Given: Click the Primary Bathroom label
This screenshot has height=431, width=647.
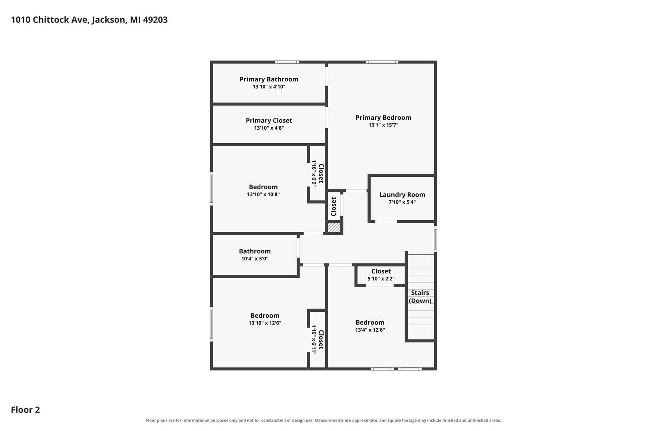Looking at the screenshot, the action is [x=269, y=79].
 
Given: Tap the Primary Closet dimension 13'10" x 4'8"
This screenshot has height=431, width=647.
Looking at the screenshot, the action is [x=269, y=128].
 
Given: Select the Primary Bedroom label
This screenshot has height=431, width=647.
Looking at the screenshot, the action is [x=383, y=117].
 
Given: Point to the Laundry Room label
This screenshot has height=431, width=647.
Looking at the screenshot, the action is [x=402, y=195].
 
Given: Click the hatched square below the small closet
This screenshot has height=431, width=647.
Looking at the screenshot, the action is [x=334, y=227].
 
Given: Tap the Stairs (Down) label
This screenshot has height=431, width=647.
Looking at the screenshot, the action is [x=420, y=297].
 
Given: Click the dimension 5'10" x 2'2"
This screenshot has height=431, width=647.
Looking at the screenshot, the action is [x=381, y=279].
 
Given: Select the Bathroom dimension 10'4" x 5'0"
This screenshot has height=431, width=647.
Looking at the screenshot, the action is [x=255, y=259].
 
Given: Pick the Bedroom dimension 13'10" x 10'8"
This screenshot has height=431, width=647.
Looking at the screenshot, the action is [x=263, y=194].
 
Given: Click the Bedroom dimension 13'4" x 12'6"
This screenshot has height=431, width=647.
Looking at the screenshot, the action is [x=370, y=330].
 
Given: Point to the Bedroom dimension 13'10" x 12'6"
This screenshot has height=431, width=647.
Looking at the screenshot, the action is [x=265, y=323].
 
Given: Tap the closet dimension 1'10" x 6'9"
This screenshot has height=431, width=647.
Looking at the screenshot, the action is [x=314, y=173].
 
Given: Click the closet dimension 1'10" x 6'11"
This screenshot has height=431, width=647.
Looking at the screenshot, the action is [x=314, y=340].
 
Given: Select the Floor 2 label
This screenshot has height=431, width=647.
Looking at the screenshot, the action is [x=26, y=409].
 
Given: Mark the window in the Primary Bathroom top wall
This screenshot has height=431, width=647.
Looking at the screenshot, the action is [x=287, y=62].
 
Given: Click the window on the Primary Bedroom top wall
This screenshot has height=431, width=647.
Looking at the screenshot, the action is [x=382, y=62].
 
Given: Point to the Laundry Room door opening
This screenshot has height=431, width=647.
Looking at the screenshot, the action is [x=386, y=221].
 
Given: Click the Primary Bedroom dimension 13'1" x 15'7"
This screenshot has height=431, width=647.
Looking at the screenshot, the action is [x=383, y=125].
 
